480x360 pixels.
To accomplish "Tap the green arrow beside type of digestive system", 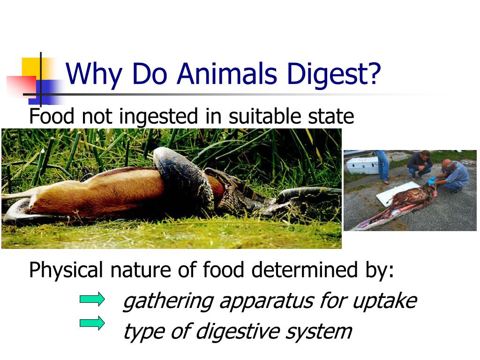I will pos(92,323).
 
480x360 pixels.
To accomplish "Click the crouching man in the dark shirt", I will pos(420,164).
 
